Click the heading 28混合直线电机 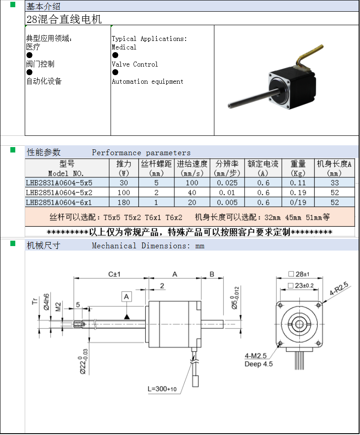[64, 19]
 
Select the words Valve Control [135, 64]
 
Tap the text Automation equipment [147, 81]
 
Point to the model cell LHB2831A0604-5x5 [59, 183]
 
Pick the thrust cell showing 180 [124, 202]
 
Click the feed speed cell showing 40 [192, 193]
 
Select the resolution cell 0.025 [227, 183]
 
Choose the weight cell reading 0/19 [298, 202]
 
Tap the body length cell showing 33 [334, 183]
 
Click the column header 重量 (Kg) [298, 168]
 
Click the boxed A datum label [127, 297]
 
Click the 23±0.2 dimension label [304, 285]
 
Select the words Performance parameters [141, 152]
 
